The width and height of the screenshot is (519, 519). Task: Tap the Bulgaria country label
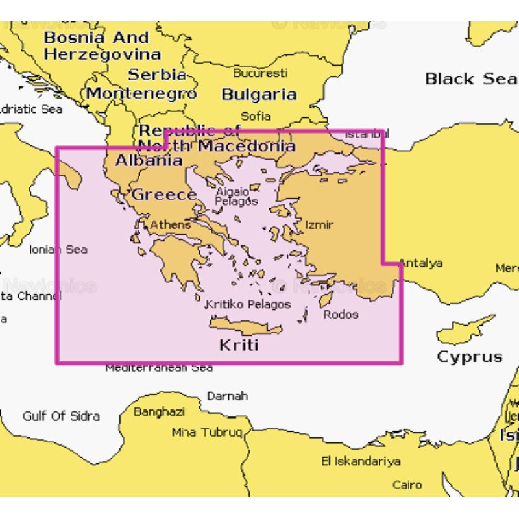pos(259,94)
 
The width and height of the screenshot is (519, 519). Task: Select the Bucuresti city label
pos(260,73)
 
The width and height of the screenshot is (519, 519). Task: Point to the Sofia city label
pos(255,116)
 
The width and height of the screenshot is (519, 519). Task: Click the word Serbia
pos(152,75)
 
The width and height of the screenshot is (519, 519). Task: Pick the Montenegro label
pos(141,93)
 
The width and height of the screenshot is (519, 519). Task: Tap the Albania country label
pos(149,160)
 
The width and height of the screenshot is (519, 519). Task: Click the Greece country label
pos(164,194)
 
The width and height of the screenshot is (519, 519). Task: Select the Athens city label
pos(171,224)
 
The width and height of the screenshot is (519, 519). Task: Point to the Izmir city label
pos(319,224)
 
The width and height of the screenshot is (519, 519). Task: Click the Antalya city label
pos(420,263)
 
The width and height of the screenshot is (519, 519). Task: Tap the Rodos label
pos(341,315)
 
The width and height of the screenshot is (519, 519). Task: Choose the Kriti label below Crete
pos(238,344)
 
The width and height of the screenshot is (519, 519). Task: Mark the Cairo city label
pos(407,484)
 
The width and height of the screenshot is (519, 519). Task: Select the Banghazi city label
pos(159,411)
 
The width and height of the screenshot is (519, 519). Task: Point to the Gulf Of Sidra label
pos(61,416)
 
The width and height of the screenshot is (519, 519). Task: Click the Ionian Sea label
pos(58,249)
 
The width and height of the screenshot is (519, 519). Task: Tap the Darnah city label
pos(227,396)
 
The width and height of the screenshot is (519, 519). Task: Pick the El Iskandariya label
pos(361,461)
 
